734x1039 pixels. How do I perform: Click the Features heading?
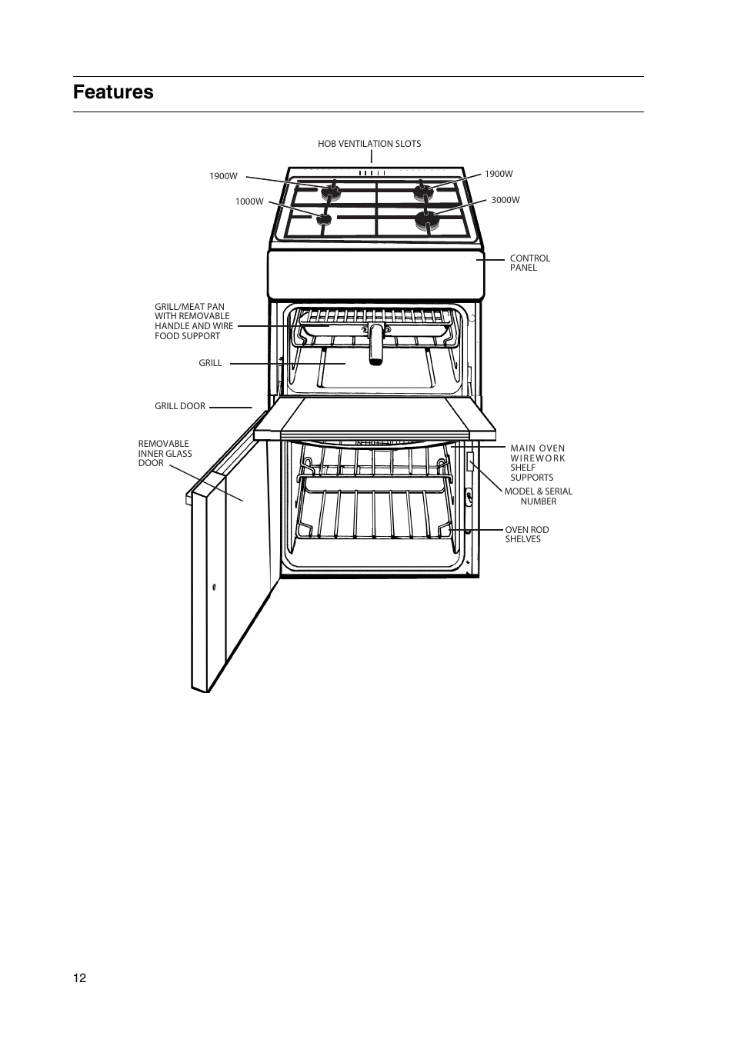point(113,92)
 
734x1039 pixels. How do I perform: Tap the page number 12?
point(80,978)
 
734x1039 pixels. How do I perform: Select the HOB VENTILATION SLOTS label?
point(369,144)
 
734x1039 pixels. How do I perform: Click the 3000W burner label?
point(505,200)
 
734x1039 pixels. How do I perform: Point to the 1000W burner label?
point(249,201)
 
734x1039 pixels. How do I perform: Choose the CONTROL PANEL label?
point(529,263)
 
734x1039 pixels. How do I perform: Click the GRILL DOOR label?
point(180,406)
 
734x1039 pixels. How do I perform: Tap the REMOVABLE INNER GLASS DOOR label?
point(165,453)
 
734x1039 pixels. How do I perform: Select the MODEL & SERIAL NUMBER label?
point(538,496)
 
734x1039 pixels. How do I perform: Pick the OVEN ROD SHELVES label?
point(526,534)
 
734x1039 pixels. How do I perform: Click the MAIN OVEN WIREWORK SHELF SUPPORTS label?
point(537,462)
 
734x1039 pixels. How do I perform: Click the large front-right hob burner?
point(427,221)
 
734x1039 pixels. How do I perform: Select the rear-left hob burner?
point(333,189)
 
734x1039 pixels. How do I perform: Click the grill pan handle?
point(375,344)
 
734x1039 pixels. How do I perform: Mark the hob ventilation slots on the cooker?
point(372,173)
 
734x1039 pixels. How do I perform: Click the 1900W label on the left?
point(223,176)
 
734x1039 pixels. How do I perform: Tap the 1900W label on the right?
point(499,174)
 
